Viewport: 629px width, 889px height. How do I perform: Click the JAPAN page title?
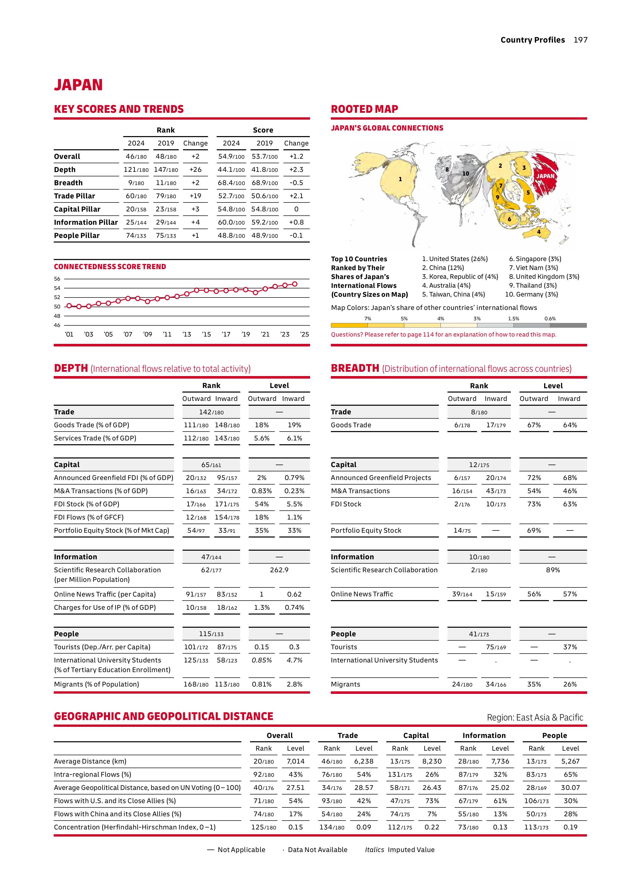click(78, 85)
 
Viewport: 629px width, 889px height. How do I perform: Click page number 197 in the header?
click(580, 40)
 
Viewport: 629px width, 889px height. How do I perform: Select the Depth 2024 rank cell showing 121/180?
click(136, 170)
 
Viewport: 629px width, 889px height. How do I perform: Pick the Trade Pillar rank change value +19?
click(195, 196)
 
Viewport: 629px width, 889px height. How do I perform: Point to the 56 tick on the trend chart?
click(57, 279)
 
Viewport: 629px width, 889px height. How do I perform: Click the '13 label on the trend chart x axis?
click(187, 335)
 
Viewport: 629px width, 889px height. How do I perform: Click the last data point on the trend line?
click(295, 284)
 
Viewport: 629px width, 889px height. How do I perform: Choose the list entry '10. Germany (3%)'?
click(531, 294)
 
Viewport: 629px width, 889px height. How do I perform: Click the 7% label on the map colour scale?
click(368, 319)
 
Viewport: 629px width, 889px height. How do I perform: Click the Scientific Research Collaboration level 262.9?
click(279, 570)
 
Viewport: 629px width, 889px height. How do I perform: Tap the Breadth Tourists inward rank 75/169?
click(496, 647)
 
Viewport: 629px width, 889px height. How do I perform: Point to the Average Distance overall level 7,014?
click(296, 761)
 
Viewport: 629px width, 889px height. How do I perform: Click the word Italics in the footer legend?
click(374, 849)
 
